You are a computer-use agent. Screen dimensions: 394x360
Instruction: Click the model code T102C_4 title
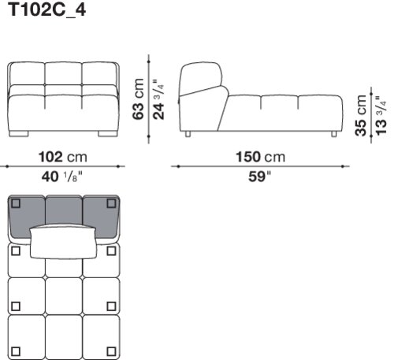tap(47, 10)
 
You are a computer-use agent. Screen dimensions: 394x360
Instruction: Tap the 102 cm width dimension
tap(62, 157)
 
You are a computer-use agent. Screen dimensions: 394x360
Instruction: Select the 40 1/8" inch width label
tap(62, 176)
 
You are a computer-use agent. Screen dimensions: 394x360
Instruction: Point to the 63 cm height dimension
tap(139, 98)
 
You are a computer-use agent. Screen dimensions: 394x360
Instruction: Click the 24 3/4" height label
tap(158, 99)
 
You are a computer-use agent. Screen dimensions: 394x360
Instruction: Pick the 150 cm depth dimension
tap(260, 157)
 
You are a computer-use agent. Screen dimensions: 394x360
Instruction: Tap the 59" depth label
tap(259, 176)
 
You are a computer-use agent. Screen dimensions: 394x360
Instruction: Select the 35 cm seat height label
tap(361, 116)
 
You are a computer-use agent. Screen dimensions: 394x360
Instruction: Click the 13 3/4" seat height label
tap(381, 116)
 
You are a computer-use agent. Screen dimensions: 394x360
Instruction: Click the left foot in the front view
tap(18, 134)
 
